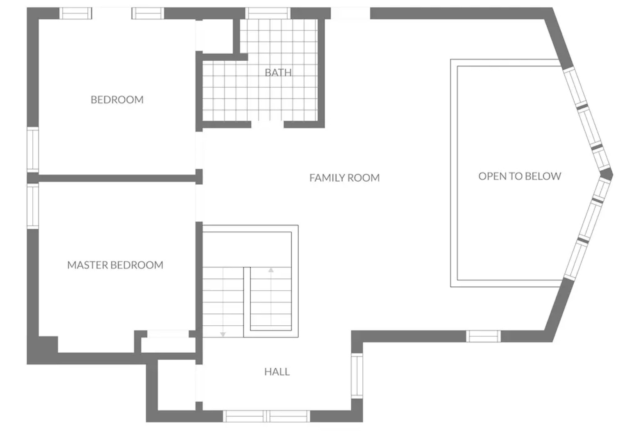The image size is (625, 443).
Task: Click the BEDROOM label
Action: [x=117, y=100]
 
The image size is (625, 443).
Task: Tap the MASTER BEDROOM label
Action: [x=115, y=265]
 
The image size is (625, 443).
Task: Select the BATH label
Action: [x=278, y=73]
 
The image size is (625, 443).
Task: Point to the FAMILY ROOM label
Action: [x=345, y=178]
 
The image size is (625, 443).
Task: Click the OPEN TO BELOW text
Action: [x=520, y=176]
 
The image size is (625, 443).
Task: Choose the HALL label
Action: [x=277, y=372]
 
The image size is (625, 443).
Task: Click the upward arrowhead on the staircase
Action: [x=271, y=270]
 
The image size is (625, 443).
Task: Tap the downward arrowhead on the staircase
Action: [x=223, y=334]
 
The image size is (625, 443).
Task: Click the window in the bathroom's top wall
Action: [x=268, y=14]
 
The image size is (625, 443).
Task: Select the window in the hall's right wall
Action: [x=357, y=376]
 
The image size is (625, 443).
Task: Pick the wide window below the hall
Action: [x=266, y=416]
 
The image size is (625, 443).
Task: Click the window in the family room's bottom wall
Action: [x=484, y=336]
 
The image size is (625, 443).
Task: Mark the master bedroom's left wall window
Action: [x=33, y=206]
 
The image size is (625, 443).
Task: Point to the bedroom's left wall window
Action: [x=33, y=150]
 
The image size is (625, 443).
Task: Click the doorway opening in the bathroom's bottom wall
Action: [x=268, y=125]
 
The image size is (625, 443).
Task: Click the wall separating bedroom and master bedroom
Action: [x=114, y=178]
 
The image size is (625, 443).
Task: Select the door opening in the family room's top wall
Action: [x=350, y=14]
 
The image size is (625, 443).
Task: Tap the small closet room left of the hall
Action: [x=177, y=385]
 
